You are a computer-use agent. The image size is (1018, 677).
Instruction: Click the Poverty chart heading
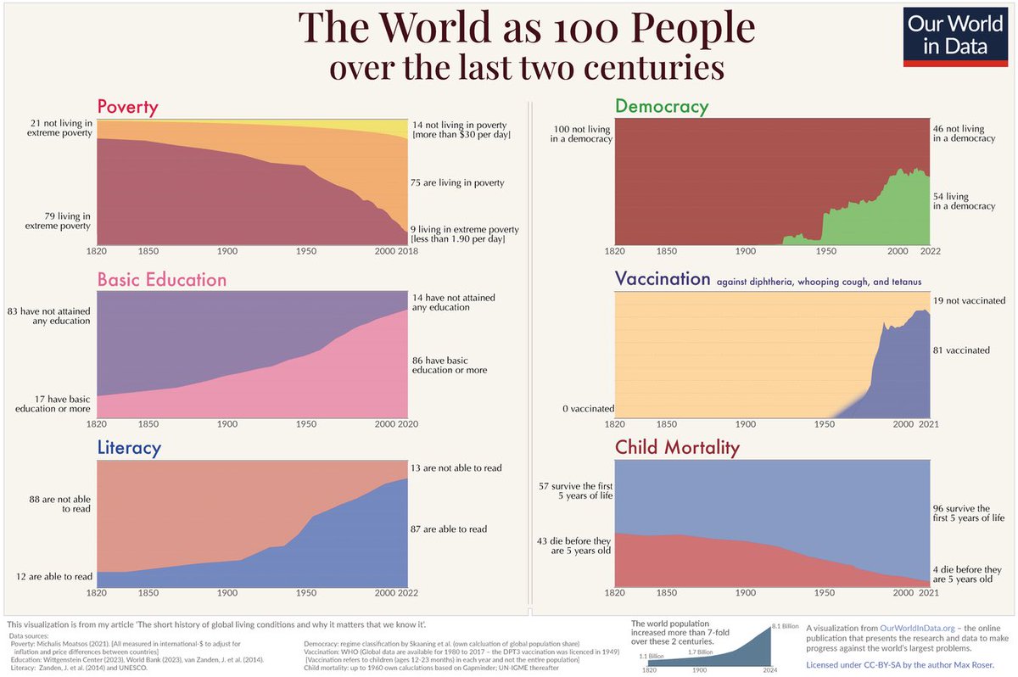pyautogui.click(x=127, y=107)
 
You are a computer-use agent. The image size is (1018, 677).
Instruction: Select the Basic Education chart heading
pyautogui.click(x=161, y=280)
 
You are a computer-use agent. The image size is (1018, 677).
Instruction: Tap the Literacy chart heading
pyautogui.click(x=129, y=446)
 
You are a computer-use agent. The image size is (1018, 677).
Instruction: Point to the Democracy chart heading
pyautogui.click(x=661, y=106)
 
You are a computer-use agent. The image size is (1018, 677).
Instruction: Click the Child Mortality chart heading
pyautogui.click(x=677, y=446)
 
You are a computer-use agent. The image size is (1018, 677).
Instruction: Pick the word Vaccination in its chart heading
pyautogui.click(x=662, y=279)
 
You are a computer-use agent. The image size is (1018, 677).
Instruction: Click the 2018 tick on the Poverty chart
pyautogui.click(x=409, y=252)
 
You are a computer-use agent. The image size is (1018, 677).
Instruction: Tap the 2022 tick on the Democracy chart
pyautogui.click(x=930, y=252)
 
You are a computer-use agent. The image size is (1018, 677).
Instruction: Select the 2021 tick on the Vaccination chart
pyautogui.click(x=930, y=423)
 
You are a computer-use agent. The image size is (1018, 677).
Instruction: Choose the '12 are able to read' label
pyautogui.click(x=54, y=577)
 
